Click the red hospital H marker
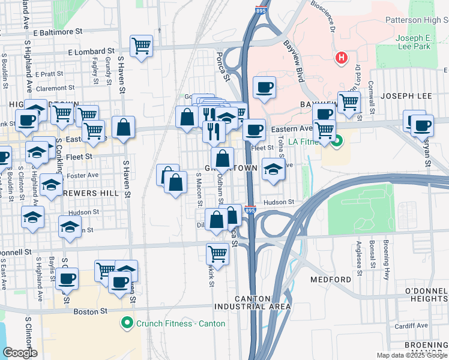click(341, 58)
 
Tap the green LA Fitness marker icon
click(337, 142)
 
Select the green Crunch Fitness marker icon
click(127, 323)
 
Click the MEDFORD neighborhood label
click(331, 280)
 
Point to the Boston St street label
click(90, 311)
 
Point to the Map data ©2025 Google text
click(411, 355)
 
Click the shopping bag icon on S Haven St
click(123, 128)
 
